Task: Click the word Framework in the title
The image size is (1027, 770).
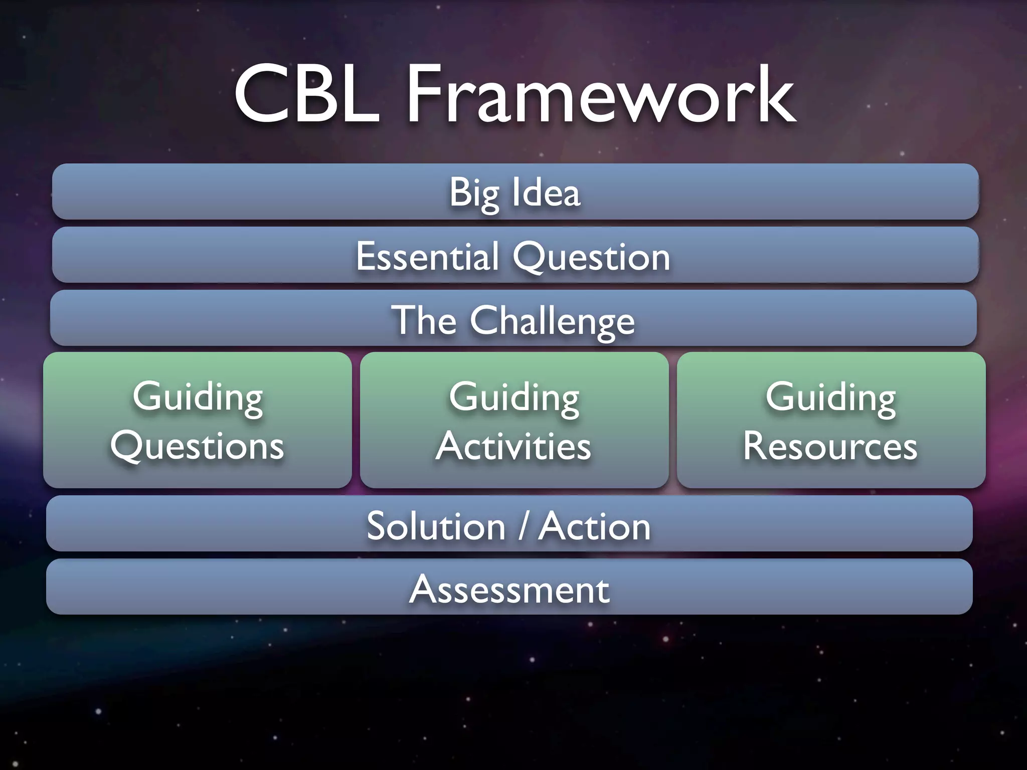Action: pos(601,95)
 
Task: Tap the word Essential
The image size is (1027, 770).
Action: pos(427,257)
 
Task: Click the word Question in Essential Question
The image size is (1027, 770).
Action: pos(591,257)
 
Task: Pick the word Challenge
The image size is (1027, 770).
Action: pos(552,321)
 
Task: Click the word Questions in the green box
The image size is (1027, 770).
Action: pos(198,446)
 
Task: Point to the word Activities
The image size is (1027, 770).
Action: pos(513,446)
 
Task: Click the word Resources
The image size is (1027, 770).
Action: pos(830,446)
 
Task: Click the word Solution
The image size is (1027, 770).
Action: pos(436,526)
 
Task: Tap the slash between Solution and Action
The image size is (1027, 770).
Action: pos(523,526)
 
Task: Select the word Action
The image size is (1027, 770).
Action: pos(595,526)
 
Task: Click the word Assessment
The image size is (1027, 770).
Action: pos(509,590)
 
